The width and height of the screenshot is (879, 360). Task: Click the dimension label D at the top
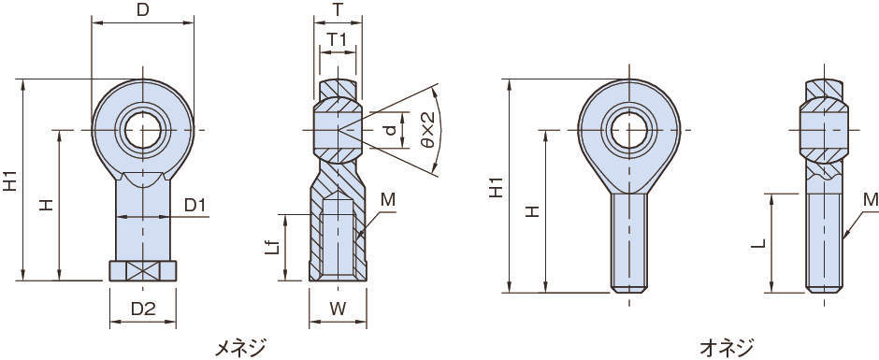tap(143, 10)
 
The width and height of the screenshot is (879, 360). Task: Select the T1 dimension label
tap(337, 39)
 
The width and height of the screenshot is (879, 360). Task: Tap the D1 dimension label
tap(195, 206)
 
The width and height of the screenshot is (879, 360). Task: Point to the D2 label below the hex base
tap(143, 308)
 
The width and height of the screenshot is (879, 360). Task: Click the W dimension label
tap(338, 308)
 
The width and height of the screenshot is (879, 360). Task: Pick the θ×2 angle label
tap(427, 130)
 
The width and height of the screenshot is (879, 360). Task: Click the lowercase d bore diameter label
tap(391, 130)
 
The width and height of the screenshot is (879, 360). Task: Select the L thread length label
tap(758, 244)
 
